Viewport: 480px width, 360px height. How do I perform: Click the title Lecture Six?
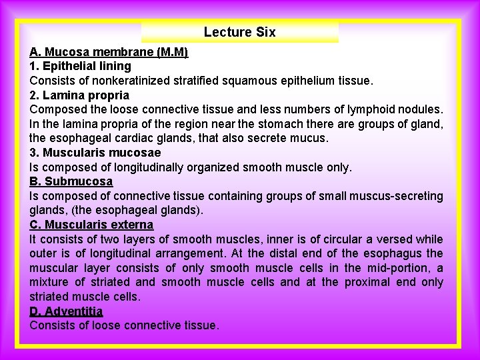pyautogui.click(x=239, y=32)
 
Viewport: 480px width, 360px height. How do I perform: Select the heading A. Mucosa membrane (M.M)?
pyautogui.click(x=109, y=52)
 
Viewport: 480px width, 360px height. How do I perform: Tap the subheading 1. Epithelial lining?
pyautogui.click(x=80, y=66)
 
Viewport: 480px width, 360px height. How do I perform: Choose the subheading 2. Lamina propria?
pyautogui.click(x=79, y=95)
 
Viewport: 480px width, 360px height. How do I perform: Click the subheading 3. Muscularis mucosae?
pyautogui.click(x=95, y=153)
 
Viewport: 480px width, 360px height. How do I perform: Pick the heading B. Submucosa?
pyautogui.click(x=71, y=181)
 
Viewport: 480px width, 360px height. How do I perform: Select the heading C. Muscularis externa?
pyautogui.click(x=91, y=225)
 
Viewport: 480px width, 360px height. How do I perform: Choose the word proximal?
pyautogui.click(x=370, y=282)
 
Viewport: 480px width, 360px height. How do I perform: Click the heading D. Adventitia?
pyautogui.click(x=66, y=311)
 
